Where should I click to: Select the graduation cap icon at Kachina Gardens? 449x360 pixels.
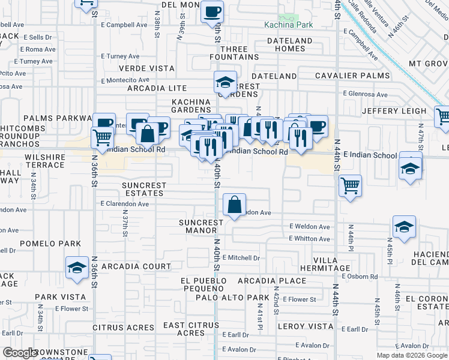[x=226, y=82]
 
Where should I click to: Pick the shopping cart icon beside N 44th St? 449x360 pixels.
[x=350, y=185]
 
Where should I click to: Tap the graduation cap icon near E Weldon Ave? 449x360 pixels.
[x=404, y=227]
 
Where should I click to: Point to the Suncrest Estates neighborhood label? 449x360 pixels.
[x=143, y=189]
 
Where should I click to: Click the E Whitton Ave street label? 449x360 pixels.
[x=309, y=239]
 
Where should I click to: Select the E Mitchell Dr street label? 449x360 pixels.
[x=240, y=257]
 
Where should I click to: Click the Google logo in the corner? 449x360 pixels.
[x=20, y=353]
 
